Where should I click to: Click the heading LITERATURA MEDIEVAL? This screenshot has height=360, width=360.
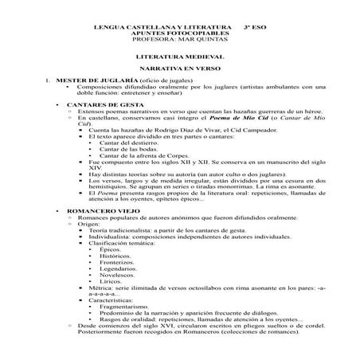click(x=179, y=58)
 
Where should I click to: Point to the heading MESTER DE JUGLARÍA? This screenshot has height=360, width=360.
click(x=95, y=80)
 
